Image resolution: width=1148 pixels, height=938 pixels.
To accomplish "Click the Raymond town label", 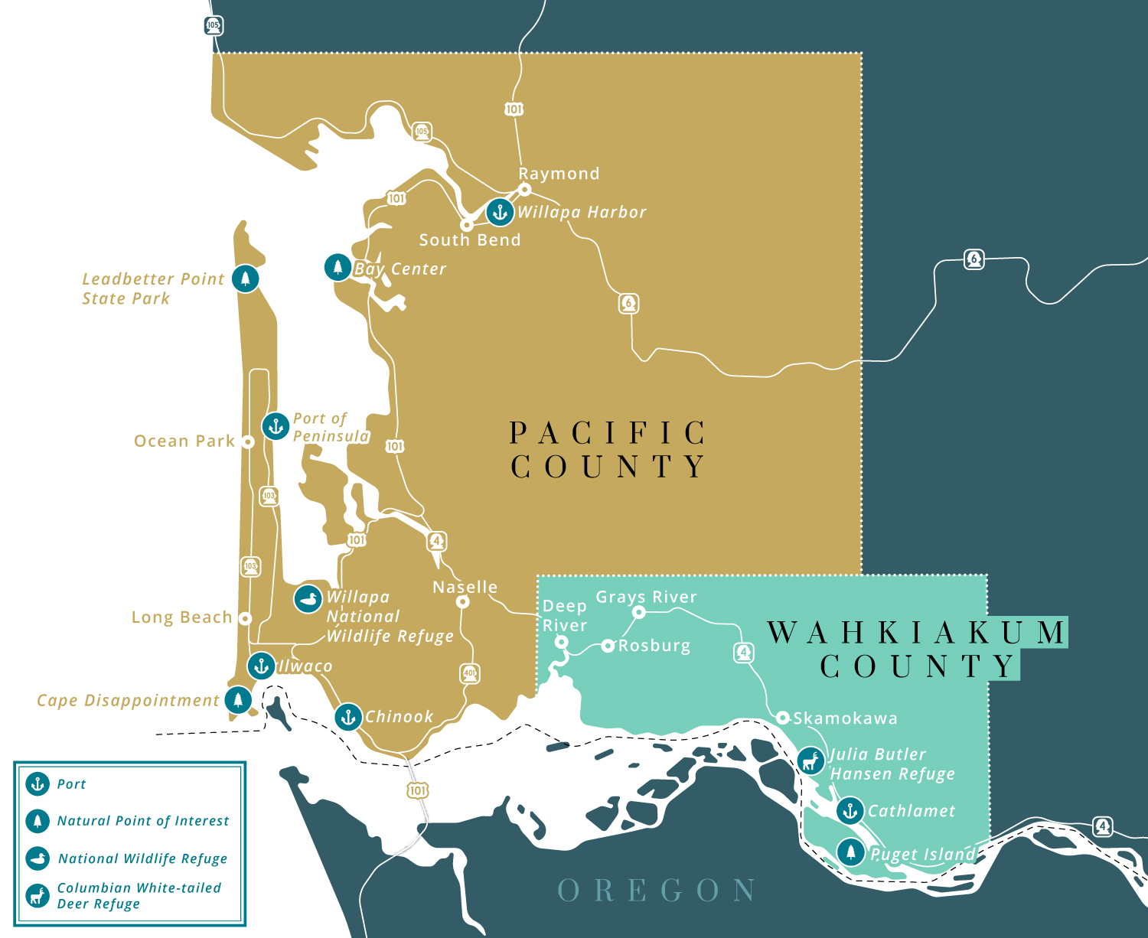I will pos(559,174).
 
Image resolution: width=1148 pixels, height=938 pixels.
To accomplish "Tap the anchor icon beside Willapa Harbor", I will pos(500,212).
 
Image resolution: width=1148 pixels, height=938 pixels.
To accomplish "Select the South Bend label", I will pos(469,239).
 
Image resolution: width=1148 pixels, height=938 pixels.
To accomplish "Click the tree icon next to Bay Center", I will pos(338,267).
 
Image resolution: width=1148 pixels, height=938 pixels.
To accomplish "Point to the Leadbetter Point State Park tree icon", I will pos(245,278).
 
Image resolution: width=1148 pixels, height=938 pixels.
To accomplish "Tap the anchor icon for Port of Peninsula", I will pos(276,426).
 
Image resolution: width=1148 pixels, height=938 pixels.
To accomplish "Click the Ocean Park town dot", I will pos(247,441).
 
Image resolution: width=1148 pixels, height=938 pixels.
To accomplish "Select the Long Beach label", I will pos(181,617).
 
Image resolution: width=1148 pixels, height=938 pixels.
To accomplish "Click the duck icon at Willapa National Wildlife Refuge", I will pos(308,600).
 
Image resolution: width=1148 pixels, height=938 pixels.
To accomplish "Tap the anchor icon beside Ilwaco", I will pos(261,666).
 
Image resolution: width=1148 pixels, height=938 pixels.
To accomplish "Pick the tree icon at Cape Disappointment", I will pos(239,699).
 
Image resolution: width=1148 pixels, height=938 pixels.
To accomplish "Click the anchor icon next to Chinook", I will pos(348,717).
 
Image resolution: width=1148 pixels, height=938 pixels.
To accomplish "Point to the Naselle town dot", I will pos(462,602).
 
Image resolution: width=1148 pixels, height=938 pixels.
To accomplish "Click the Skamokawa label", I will pos(845,718).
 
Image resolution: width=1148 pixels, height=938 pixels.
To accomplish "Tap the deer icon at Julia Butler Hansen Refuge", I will pos(810,760).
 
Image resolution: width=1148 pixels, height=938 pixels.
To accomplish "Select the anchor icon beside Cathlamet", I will pos(850,810).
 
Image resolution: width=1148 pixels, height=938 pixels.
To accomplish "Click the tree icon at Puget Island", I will pos(850,852).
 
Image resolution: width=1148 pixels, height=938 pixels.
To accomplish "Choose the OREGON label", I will pos(657,891).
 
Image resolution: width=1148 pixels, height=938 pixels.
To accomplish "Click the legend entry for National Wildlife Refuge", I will pos(142,858).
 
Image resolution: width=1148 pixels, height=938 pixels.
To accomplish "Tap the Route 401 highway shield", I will pos(470,674).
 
